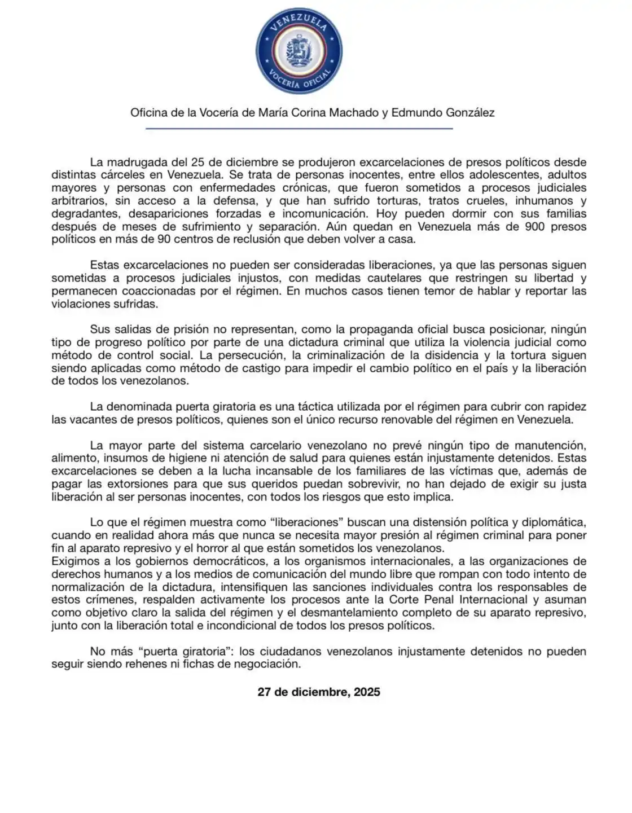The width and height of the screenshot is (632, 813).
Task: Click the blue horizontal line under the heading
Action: click(299, 129)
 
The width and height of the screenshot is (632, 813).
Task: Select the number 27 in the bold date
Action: click(265, 692)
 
